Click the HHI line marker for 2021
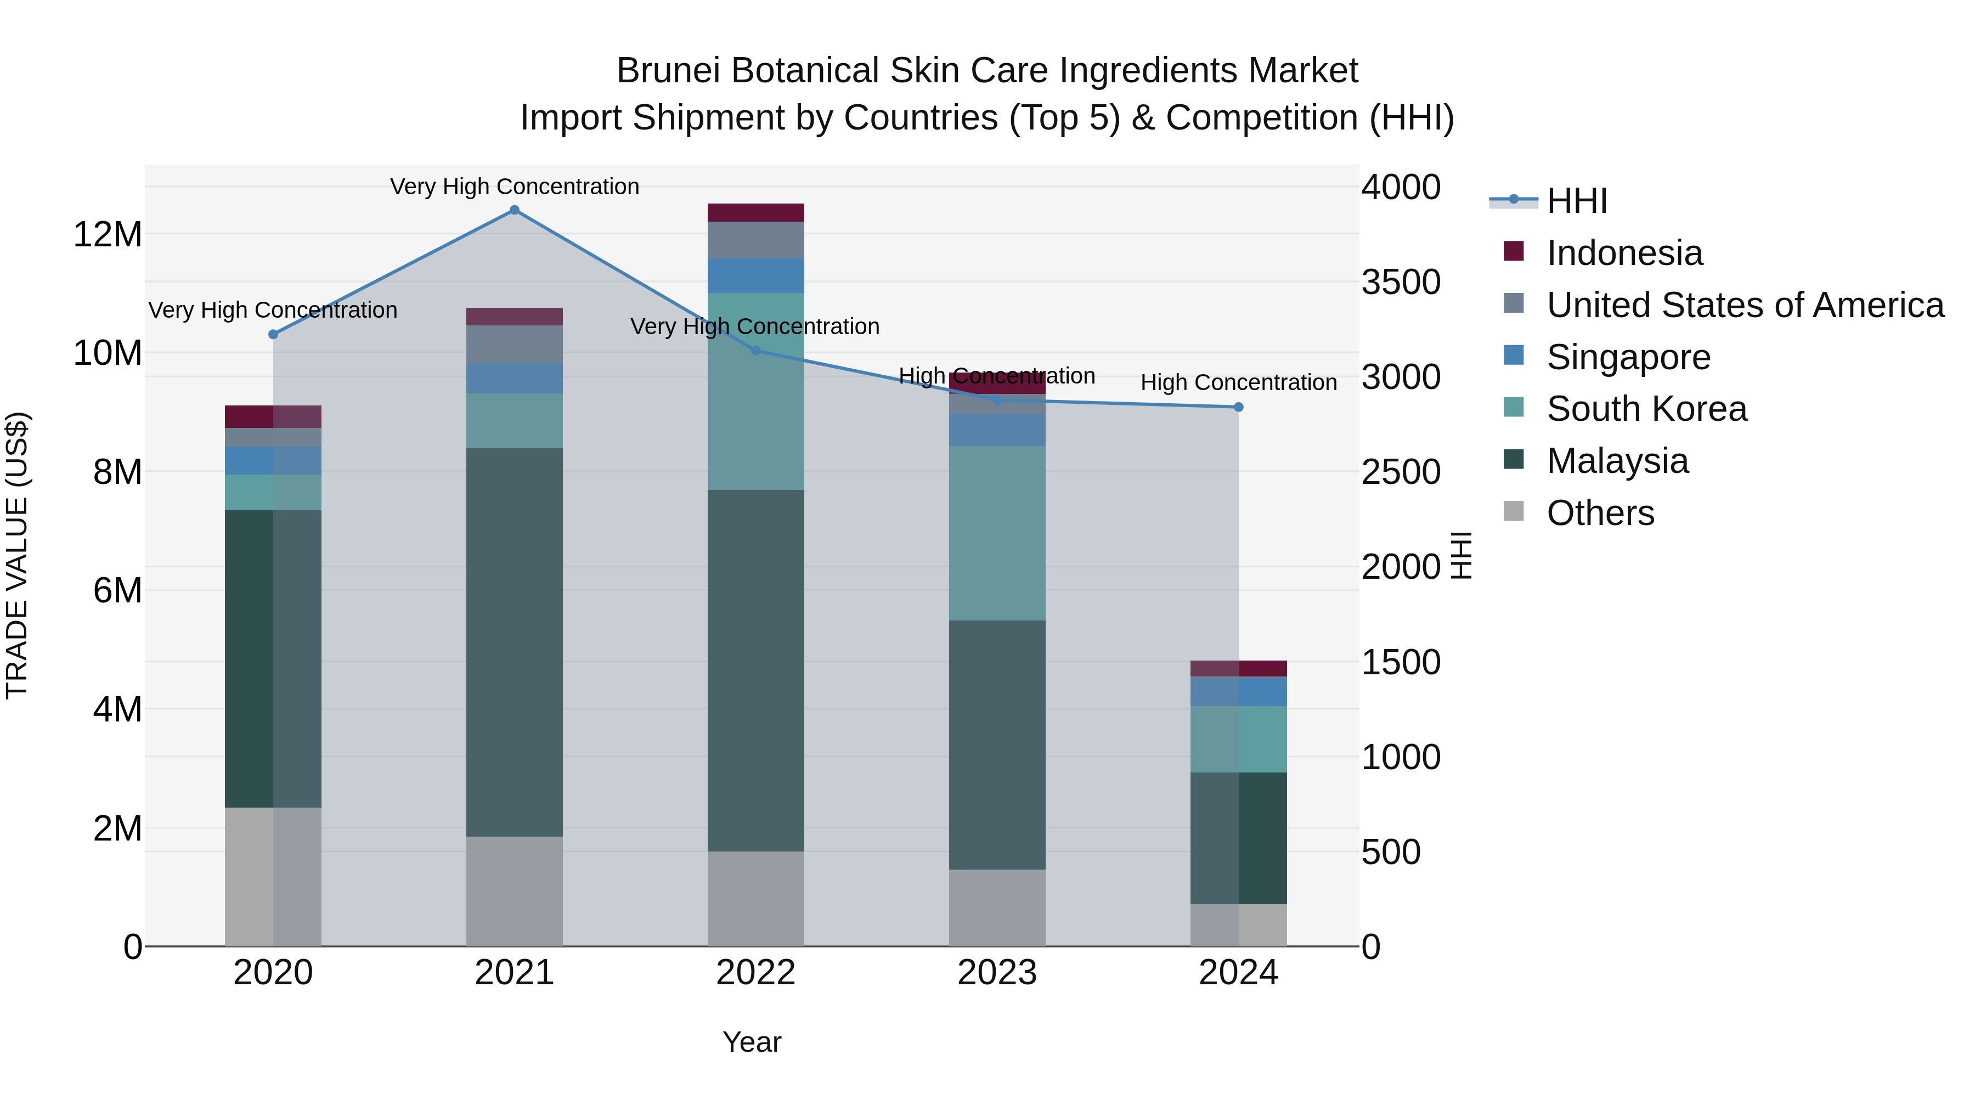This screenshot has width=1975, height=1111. (x=515, y=210)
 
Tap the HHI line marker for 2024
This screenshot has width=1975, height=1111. (x=1238, y=407)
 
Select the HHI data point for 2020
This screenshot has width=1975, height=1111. (x=273, y=334)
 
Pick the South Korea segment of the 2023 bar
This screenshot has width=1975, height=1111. (x=997, y=533)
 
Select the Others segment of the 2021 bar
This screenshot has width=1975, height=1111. (x=515, y=891)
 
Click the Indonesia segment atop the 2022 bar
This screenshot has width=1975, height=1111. (x=755, y=212)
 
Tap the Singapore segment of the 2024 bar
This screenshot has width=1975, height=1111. (x=1238, y=692)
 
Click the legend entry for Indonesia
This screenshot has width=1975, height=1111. (x=1623, y=253)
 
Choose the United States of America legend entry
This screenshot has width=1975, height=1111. (x=1744, y=305)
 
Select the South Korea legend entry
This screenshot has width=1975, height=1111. (x=1645, y=409)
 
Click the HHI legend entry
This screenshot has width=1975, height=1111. (x=1576, y=201)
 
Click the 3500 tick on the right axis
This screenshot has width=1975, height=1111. (x=1401, y=282)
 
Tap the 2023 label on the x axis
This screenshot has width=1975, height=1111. (x=997, y=973)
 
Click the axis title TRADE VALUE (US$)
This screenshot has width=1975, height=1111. (x=17, y=555)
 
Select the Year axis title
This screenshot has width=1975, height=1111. (x=752, y=1042)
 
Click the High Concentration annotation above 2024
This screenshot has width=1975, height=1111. (x=1238, y=382)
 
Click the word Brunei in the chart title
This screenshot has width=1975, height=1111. (x=670, y=71)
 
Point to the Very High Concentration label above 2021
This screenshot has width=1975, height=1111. (x=515, y=187)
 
